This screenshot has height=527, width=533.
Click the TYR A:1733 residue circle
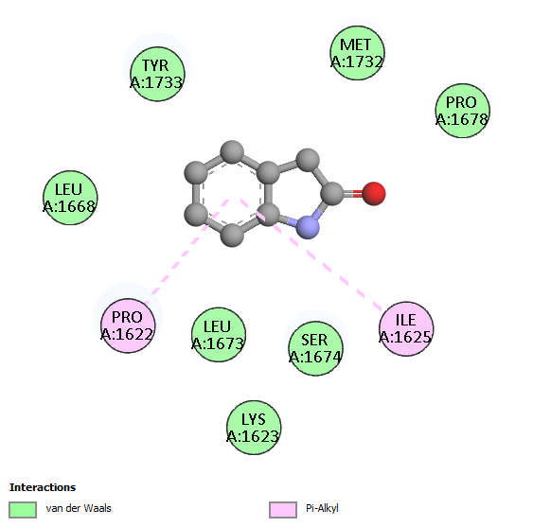[x=157, y=74]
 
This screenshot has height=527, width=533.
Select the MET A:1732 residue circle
[x=357, y=53]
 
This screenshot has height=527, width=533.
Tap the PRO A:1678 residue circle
[x=463, y=111]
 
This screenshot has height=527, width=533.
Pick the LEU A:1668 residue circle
[x=70, y=198]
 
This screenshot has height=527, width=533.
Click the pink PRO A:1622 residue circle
[x=128, y=325]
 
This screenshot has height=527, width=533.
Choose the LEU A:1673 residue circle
[x=219, y=335]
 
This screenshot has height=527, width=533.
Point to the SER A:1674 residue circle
[x=315, y=348]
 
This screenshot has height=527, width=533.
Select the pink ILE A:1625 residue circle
[x=406, y=328]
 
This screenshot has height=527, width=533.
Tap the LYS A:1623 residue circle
[x=254, y=428]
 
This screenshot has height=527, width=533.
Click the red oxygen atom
[x=374, y=194]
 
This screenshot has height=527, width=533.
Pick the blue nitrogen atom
[x=308, y=227]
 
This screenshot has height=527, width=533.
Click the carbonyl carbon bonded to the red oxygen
[x=332, y=194]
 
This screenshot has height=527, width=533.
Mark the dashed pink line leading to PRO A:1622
[x=187, y=251]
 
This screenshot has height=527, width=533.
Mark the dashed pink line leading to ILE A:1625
[x=311, y=255]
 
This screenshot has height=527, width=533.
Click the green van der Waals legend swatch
[x=23, y=510]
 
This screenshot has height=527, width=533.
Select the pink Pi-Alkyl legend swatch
[x=283, y=510]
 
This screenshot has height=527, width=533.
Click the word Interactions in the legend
[x=43, y=487]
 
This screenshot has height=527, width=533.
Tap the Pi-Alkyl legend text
[x=322, y=508]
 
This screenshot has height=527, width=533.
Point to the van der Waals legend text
[x=79, y=508]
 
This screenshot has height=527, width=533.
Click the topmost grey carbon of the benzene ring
[x=232, y=152]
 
